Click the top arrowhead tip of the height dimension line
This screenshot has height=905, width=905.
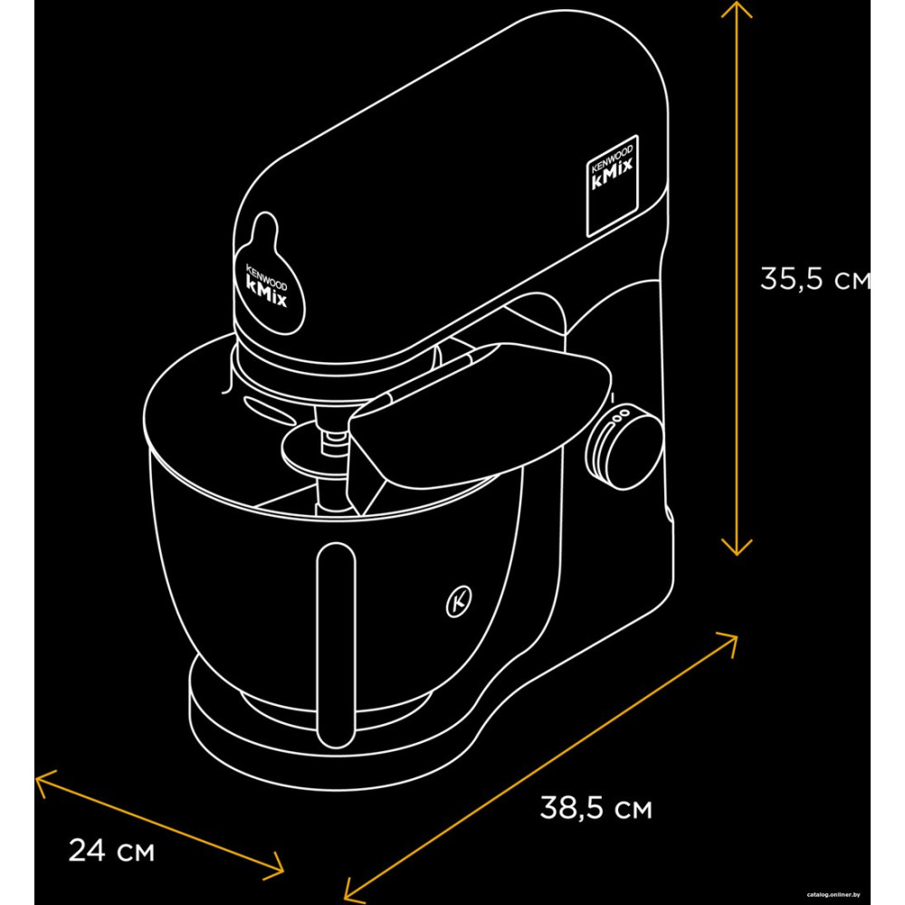[737, 1]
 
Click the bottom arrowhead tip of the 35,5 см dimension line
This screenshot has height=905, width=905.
[737, 556]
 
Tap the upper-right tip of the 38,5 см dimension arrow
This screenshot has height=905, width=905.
[737, 636]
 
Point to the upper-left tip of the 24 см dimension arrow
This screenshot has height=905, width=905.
[36, 777]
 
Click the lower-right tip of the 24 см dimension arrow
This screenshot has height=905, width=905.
[283, 872]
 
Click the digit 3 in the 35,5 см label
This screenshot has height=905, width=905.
[770, 278]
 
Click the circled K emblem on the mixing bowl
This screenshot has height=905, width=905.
[459, 602]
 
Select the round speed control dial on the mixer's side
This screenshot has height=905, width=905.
[624, 447]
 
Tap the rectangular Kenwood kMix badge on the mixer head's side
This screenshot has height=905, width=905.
[613, 186]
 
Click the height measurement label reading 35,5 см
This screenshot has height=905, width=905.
[814, 279]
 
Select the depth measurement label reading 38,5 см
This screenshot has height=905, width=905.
[595, 808]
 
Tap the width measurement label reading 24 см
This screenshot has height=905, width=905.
[111, 850]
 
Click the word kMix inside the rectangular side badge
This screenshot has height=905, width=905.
[613, 173]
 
